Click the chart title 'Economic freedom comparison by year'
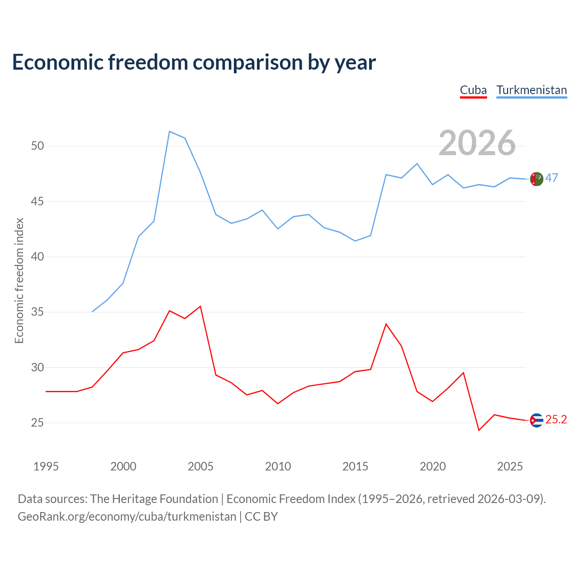(194, 62)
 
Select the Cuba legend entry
(473, 90)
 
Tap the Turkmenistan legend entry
(532, 90)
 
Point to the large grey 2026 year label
(477, 143)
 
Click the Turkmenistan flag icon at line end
(536, 179)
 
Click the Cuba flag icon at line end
(536, 420)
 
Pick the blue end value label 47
(552, 178)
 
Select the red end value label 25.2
(556, 419)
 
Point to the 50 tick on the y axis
(38, 146)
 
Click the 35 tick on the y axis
(38, 312)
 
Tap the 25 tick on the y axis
(38, 423)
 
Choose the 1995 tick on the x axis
(46, 466)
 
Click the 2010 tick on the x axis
(278, 466)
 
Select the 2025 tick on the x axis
(510, 466)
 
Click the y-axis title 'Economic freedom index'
(19, 280)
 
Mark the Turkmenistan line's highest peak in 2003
(170, 132)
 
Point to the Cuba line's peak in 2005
(200, 307)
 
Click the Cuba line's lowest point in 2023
(479, 430)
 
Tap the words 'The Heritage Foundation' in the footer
(154, 499)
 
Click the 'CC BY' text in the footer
(261, 517)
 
